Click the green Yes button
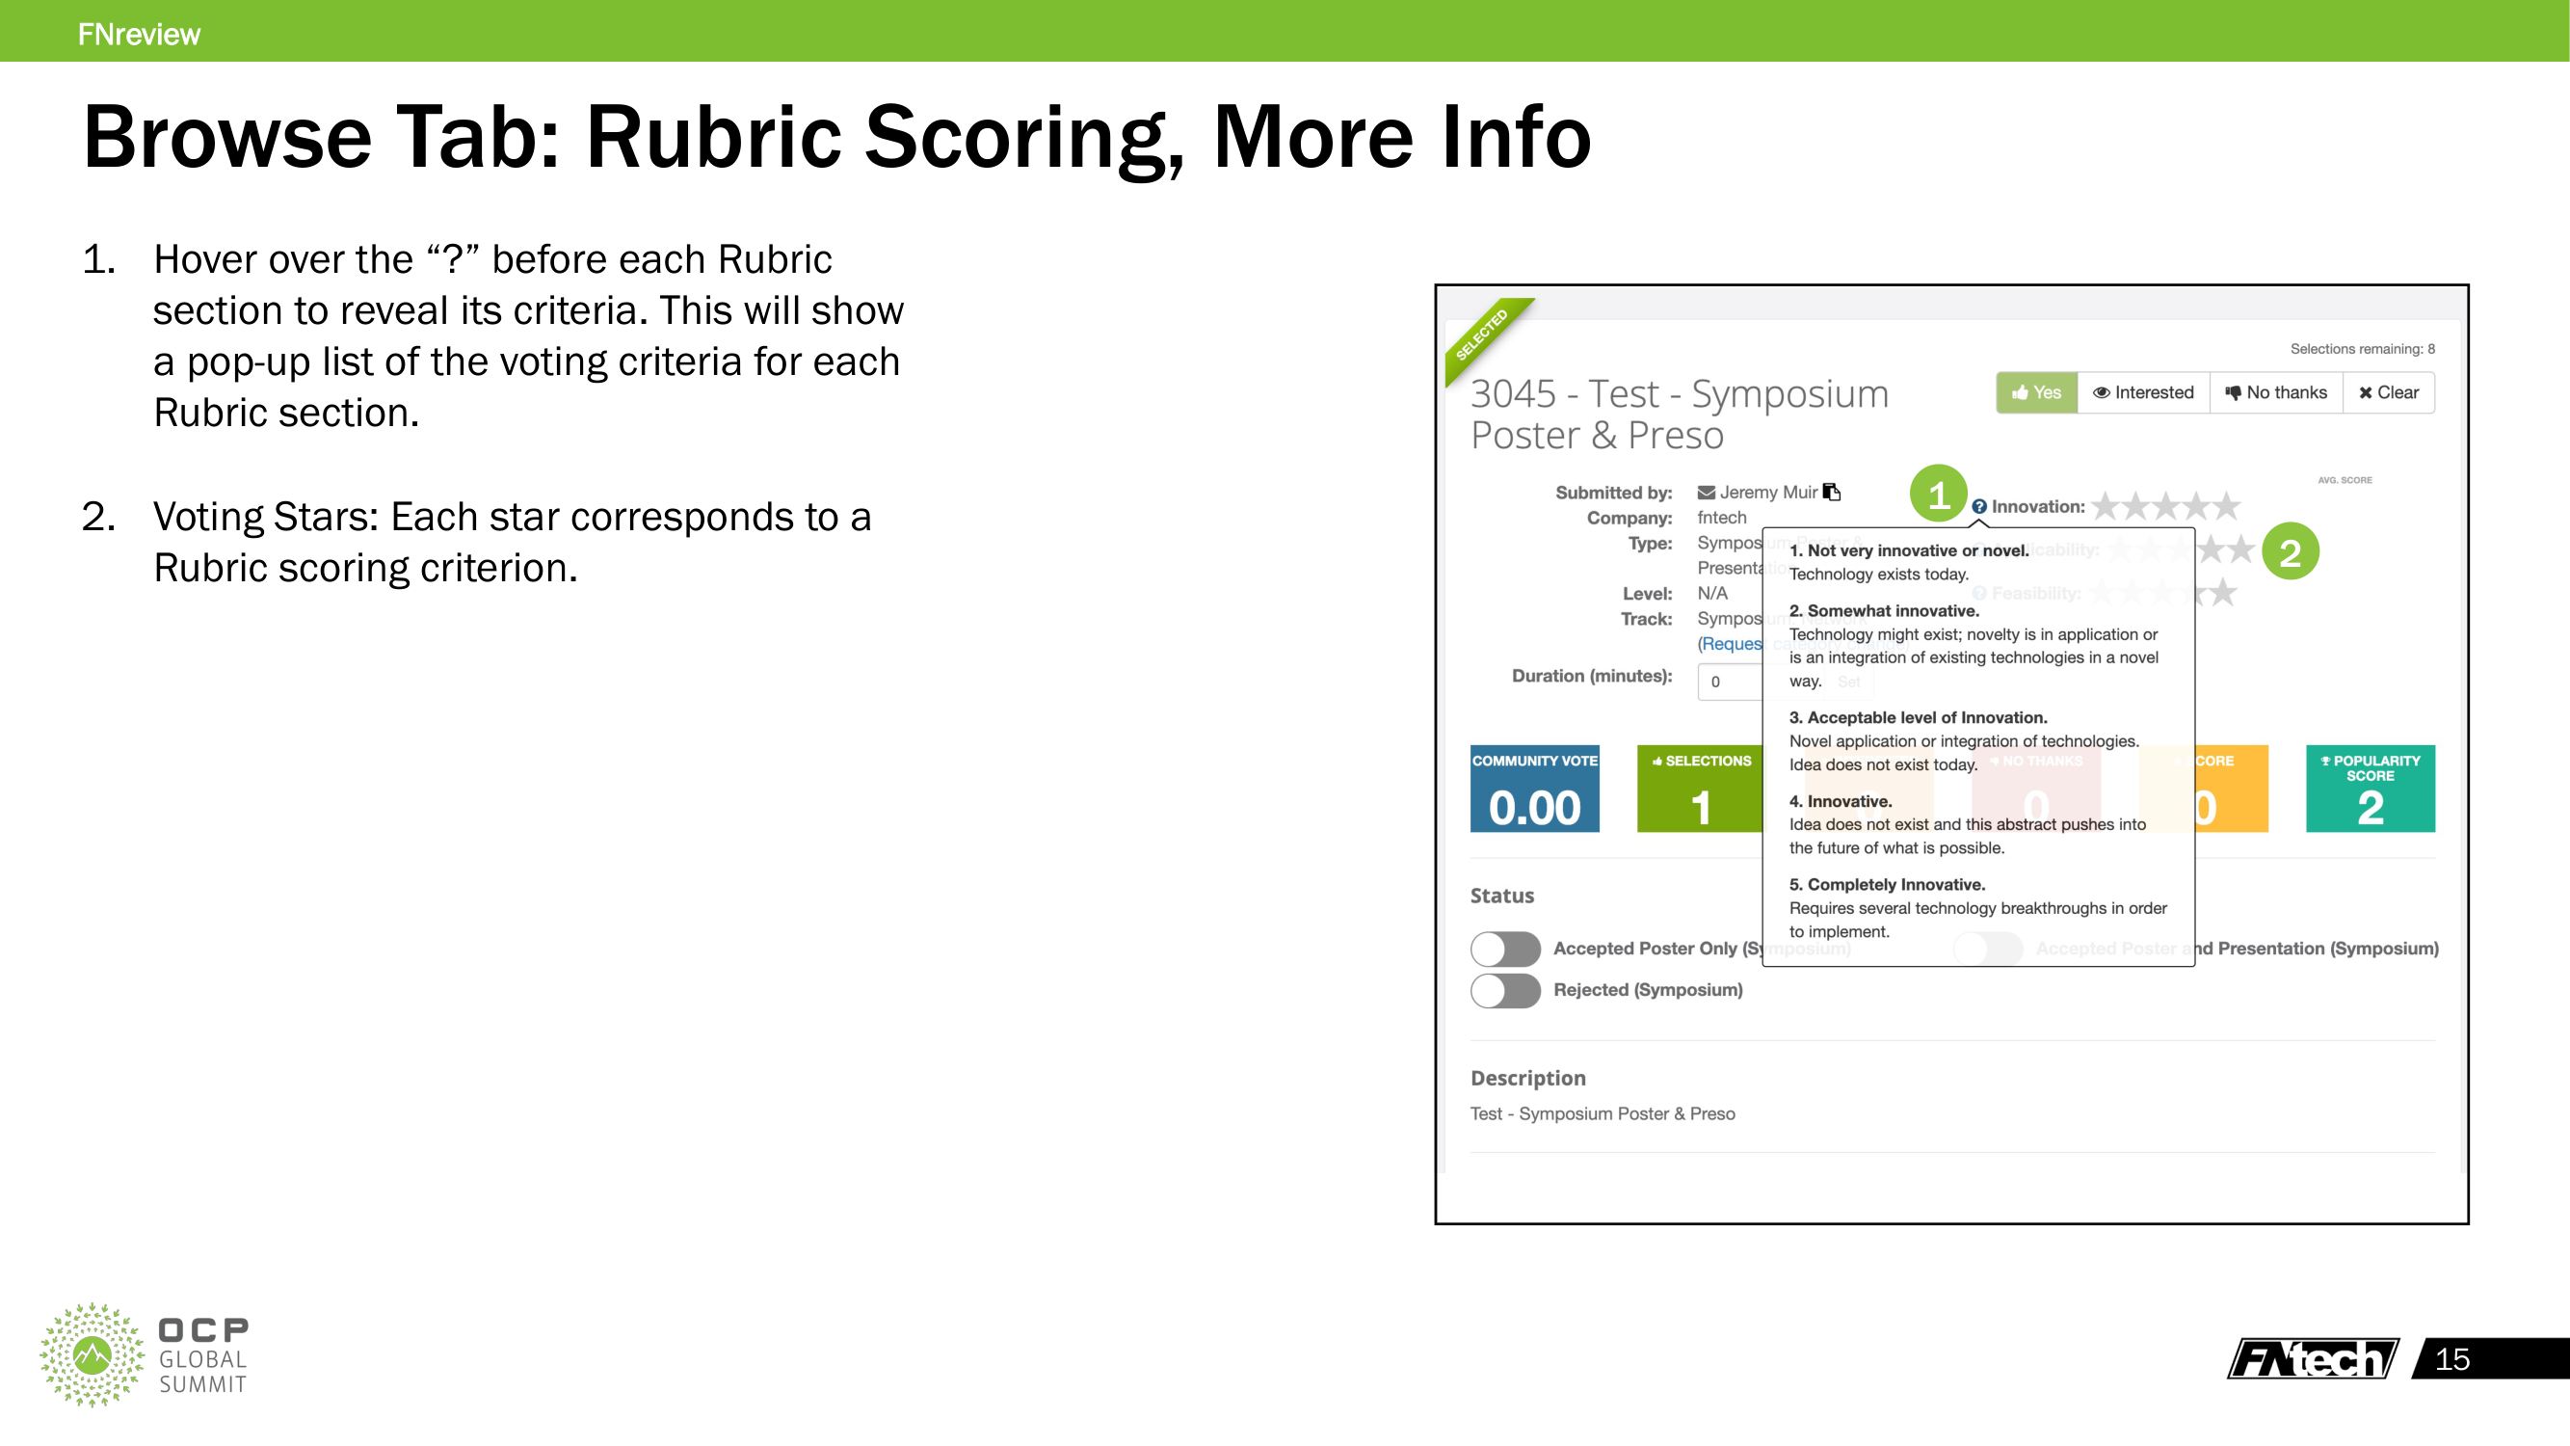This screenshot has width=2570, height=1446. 2036,392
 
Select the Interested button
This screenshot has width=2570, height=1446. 2143,392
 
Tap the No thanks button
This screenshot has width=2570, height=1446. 2276,392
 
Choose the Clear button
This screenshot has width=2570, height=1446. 2389,392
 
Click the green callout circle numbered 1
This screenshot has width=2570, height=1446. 1939,494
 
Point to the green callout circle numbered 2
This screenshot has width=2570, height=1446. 2291,551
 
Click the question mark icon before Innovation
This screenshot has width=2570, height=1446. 1979,507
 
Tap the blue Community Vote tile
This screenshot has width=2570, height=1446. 1534,789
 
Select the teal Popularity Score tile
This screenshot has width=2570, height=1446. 2370,789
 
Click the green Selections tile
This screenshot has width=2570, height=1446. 1700,789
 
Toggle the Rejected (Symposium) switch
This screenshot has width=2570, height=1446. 1505,990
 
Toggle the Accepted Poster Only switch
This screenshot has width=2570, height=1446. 1505,948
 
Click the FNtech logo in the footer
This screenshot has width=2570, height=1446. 2312,1358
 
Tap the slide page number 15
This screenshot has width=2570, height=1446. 2452,1359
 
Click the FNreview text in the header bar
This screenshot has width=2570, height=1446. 139,34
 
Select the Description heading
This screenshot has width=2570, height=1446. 1527,1078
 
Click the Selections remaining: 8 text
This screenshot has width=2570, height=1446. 2362,348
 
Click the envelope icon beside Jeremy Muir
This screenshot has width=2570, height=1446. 1706,492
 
